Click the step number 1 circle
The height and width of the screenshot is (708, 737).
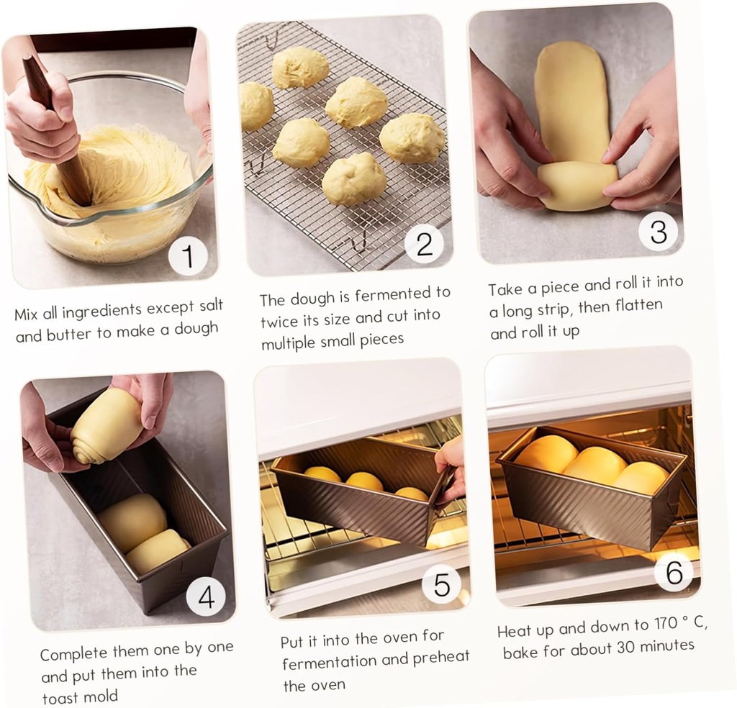tap(188, 256)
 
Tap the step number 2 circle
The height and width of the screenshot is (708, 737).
tap(424, 245)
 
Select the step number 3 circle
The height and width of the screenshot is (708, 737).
tap(658, 231)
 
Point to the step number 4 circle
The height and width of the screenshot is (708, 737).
tap(206, 596)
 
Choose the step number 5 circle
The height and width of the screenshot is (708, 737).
tap(441, 584)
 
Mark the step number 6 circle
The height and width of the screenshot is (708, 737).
tap(674, 572)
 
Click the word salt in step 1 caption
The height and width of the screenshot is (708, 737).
tap(208, 307)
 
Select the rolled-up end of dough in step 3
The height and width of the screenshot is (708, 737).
tap(577, 185)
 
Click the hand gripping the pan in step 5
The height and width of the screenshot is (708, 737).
tap(451, 468)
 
